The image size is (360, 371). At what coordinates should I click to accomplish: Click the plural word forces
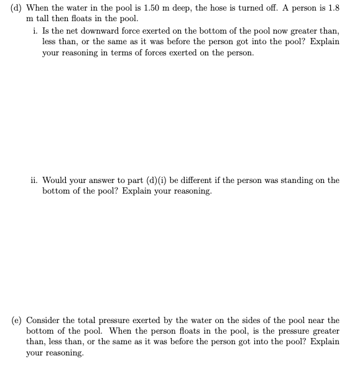tap(168, 53)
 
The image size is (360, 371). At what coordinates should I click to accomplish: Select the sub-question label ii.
tap(34, 181)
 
